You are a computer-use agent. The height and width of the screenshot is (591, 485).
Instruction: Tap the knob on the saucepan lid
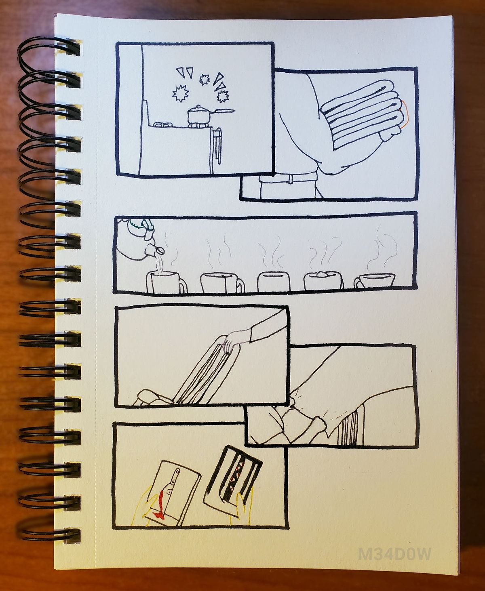coord(198,107)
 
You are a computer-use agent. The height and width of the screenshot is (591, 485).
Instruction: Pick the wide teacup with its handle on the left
coord(374,280)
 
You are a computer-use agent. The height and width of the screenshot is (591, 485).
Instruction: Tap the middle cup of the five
coord(274,281)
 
